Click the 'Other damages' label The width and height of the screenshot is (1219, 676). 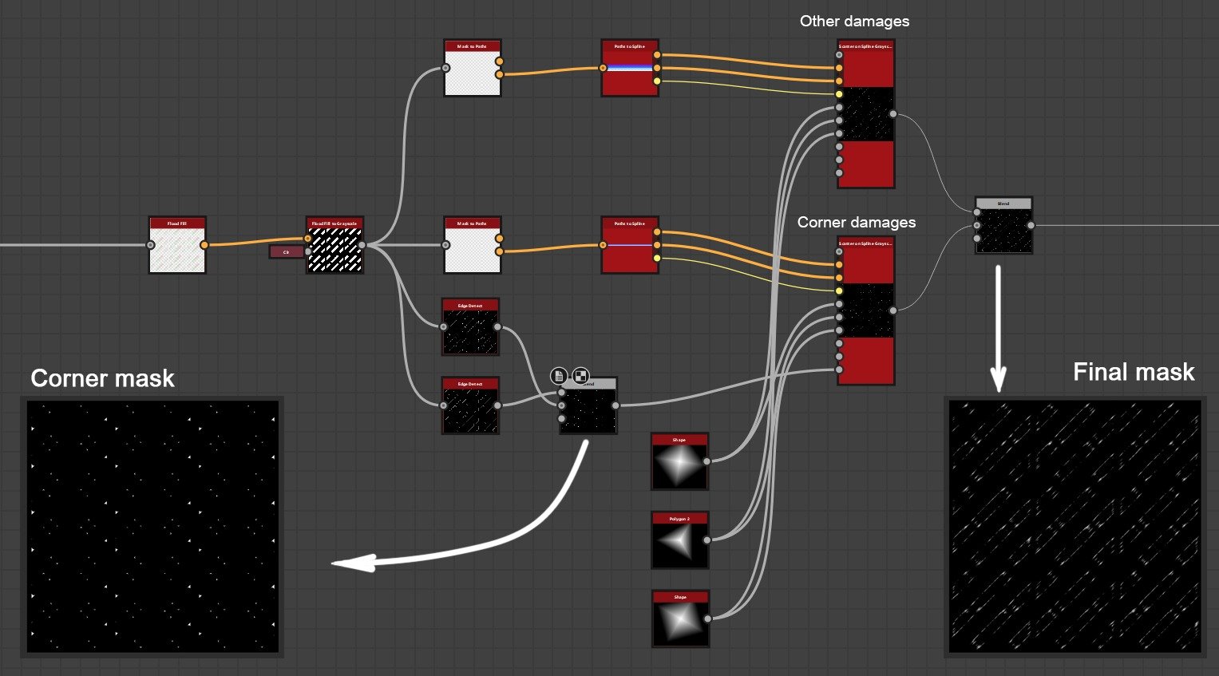click(x=854, y=22)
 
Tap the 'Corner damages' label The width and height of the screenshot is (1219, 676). click(x=856, y=223)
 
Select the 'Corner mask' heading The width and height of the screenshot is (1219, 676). click(x=102, y=378)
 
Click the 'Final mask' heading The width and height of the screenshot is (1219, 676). click(x=1133, y=372)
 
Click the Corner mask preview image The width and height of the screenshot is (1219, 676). click(x=152, y=527)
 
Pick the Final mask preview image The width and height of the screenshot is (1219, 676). click(x=1075, y=527)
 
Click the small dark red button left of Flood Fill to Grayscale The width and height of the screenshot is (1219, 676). click(x=286, y=252)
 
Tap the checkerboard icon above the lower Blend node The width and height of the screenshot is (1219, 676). click(x=581, y=375)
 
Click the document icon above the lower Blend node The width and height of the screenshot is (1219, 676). click(x=559, y=375)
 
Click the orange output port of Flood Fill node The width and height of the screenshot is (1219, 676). click(x=204, y=245)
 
